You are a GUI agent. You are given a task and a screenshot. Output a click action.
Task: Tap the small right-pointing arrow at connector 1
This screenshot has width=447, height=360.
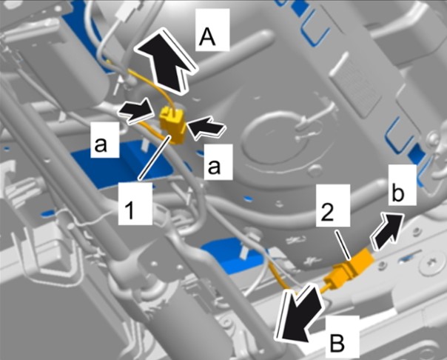135,111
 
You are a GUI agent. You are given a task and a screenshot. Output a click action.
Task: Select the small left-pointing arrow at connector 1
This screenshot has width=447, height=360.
206,127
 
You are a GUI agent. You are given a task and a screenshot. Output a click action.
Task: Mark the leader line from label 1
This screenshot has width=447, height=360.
155,158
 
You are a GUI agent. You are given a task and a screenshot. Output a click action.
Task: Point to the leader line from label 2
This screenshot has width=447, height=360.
343,245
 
